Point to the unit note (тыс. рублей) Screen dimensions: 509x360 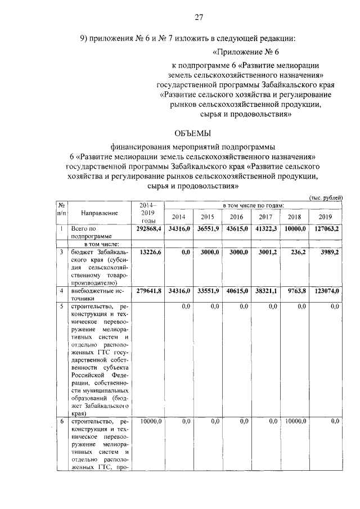[x=326, y=197]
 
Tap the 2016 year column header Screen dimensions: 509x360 [x=236, y=217]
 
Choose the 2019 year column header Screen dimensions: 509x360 [x=325, y=217]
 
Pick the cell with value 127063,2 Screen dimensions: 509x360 [x=326, y=229]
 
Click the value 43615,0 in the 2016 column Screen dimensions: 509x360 [x=237, y=229]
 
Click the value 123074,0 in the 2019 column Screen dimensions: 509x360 [x=326, y=291]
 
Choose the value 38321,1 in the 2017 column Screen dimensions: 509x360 [x=266, y=291]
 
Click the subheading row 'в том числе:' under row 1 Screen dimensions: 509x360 [x=99, y=244]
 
